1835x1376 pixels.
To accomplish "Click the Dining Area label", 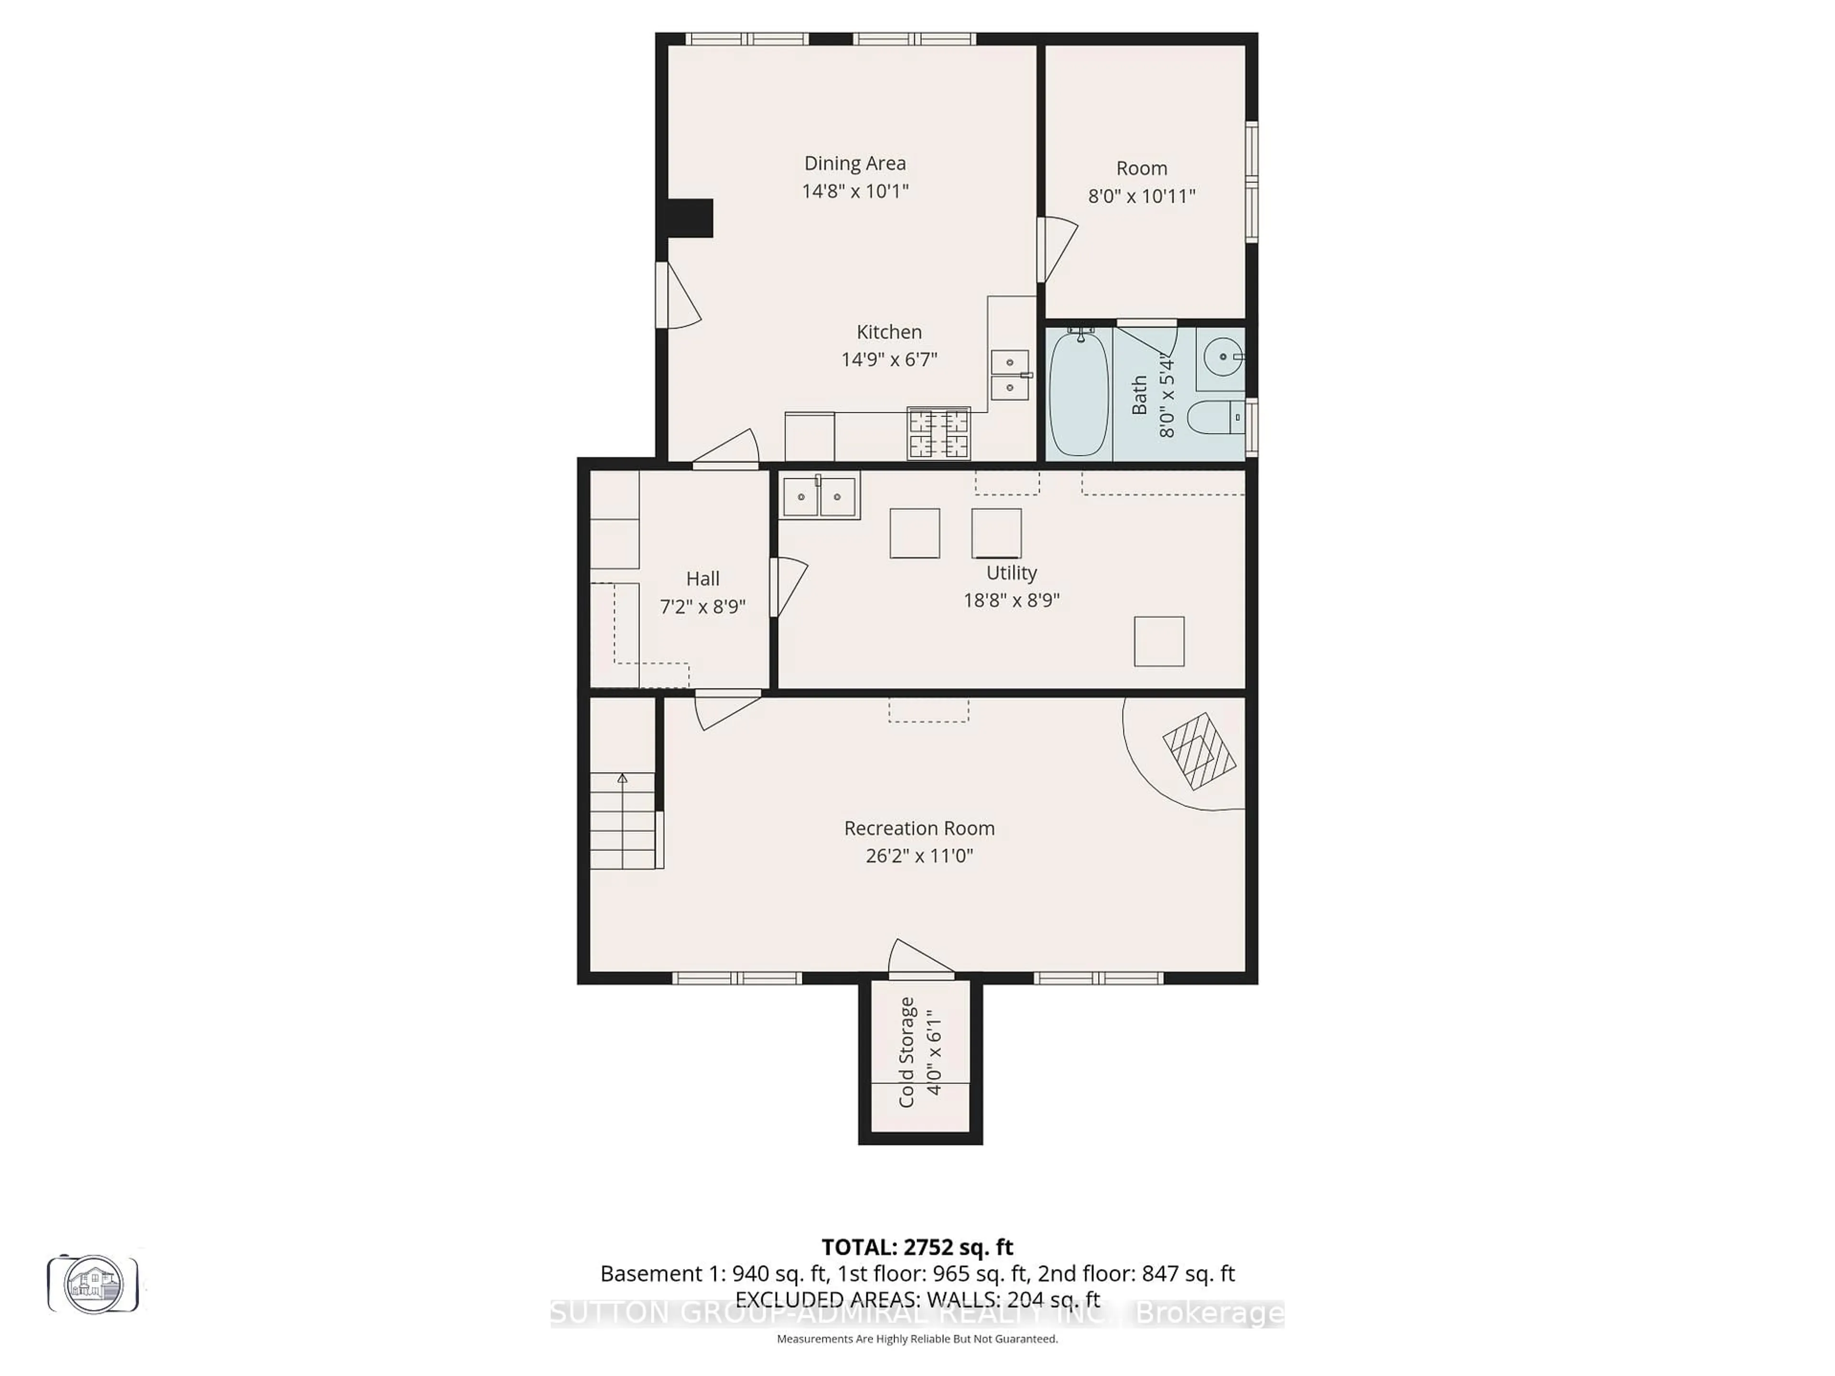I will pos(854,163).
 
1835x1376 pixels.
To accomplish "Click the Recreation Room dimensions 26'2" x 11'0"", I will pos(919,855).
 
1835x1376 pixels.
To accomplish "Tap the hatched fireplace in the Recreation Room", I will pos(1198,751).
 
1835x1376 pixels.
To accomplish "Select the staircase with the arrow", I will pos(622,821).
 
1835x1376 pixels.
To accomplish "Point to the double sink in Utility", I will pos(820,497).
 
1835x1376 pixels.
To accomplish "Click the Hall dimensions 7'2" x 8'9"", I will pos(702,606).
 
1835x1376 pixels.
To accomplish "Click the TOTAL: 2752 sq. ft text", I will pos(917,1247).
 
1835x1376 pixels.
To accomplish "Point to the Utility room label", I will pos(1011,572).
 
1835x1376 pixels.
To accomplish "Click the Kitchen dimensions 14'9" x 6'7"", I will pos(889,359).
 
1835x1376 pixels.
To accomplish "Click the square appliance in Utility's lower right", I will pos(1159,641).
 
